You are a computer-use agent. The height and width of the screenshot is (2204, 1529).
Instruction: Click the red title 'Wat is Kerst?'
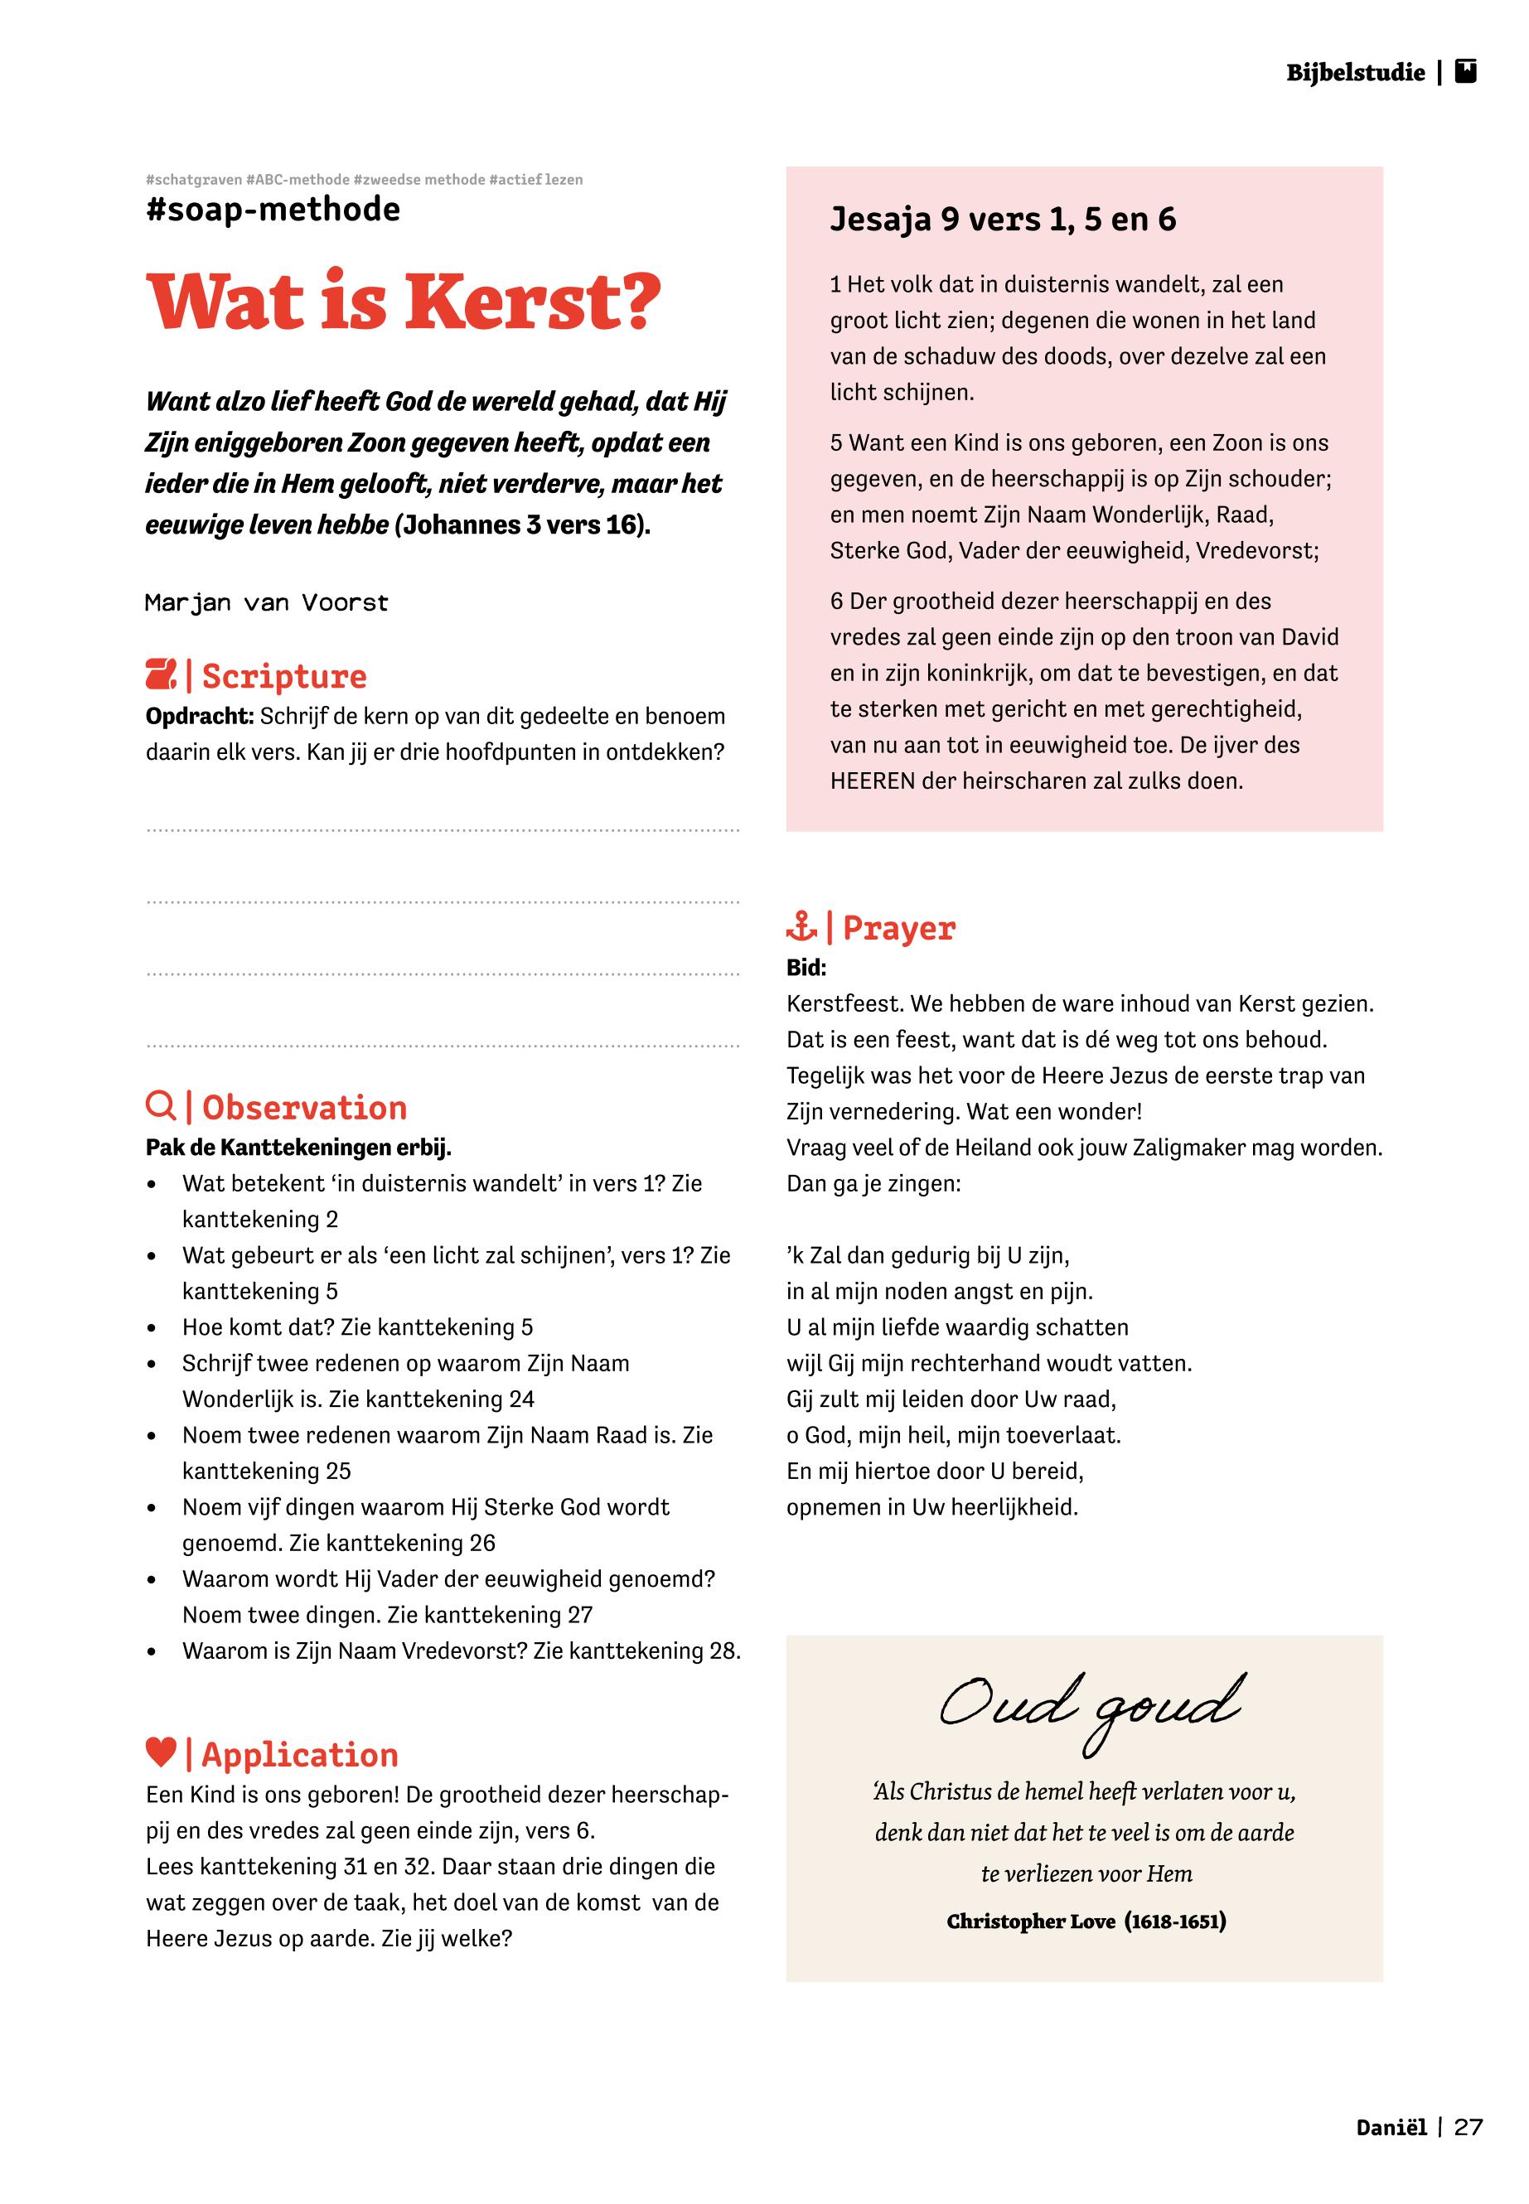(x=403, y=302)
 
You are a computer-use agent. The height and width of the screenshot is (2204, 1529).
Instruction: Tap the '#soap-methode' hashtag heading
(x=273, y=210)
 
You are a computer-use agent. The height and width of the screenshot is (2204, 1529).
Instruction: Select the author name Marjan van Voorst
(x=266, y=602)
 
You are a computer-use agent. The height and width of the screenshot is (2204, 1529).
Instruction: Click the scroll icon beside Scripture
(x=161, y=675)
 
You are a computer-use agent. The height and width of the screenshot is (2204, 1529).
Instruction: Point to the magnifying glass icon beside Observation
(x=160, y=1106)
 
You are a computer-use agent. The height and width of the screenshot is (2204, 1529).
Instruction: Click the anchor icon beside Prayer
(x=801, y=926)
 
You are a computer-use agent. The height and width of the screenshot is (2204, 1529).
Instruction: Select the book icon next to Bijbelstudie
(x=1466, y=72)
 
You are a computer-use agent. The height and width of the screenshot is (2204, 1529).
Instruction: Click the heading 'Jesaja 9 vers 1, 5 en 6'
(x=1002, y=220)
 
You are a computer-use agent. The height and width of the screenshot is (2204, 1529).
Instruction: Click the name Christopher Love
(x=1031, y=1921)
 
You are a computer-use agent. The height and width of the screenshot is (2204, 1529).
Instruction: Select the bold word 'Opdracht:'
(x=199, y=717)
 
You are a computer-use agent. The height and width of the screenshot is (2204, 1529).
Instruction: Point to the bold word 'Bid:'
(x=806, y=968)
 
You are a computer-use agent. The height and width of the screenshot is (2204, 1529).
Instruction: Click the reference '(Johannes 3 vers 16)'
(x=522, y=524)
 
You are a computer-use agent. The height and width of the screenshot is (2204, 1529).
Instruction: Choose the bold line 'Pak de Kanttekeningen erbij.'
(x=298, y=1147)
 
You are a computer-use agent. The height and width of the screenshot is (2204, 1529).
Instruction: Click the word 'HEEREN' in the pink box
(x=873, y=781)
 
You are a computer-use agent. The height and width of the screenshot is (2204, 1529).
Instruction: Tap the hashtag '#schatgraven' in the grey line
(x=194, y=179)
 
